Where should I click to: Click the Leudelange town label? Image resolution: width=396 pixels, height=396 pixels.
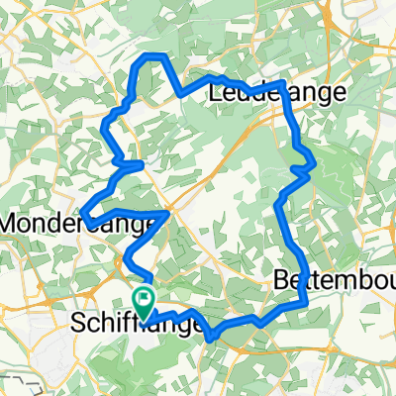click(278, 93)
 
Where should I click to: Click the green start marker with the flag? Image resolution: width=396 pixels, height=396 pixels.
click(146, 298)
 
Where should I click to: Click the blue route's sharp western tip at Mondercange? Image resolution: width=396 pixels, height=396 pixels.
click(82, 211)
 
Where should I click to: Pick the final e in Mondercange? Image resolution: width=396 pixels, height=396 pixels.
click(148, 225)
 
